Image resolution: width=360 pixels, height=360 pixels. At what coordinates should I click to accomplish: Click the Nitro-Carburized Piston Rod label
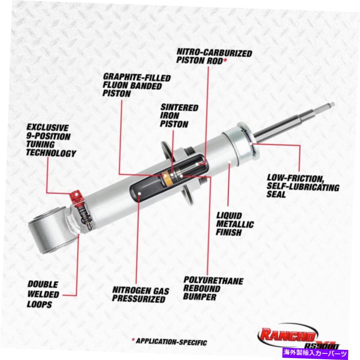[x=214, y=57]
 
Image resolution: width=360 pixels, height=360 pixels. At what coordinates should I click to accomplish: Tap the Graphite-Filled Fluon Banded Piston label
[x=136, y=85]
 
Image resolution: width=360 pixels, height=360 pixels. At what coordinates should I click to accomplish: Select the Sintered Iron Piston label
[x=179, y=116]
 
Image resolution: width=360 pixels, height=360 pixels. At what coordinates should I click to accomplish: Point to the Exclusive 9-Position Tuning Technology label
[x=51, y=140]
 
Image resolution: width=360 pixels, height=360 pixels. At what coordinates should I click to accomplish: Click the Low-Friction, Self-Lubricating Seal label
[x=303, y=186]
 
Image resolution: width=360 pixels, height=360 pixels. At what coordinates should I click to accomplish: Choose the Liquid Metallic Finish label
[x=235, y=224]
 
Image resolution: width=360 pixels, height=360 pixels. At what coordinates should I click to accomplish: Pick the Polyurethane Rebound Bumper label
[x=213, y=288]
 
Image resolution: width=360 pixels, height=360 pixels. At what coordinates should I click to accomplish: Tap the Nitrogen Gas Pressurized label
[x=141, y=295]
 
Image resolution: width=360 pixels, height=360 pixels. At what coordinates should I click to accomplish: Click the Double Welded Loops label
[x=43, y=294]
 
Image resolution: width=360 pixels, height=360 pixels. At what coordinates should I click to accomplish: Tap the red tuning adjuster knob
[x=76, y=196]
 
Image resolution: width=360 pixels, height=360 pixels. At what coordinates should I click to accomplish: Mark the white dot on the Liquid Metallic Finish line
[x=230, y=162]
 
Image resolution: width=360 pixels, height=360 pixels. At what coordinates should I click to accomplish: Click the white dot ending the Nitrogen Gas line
[x=139, y=194]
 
